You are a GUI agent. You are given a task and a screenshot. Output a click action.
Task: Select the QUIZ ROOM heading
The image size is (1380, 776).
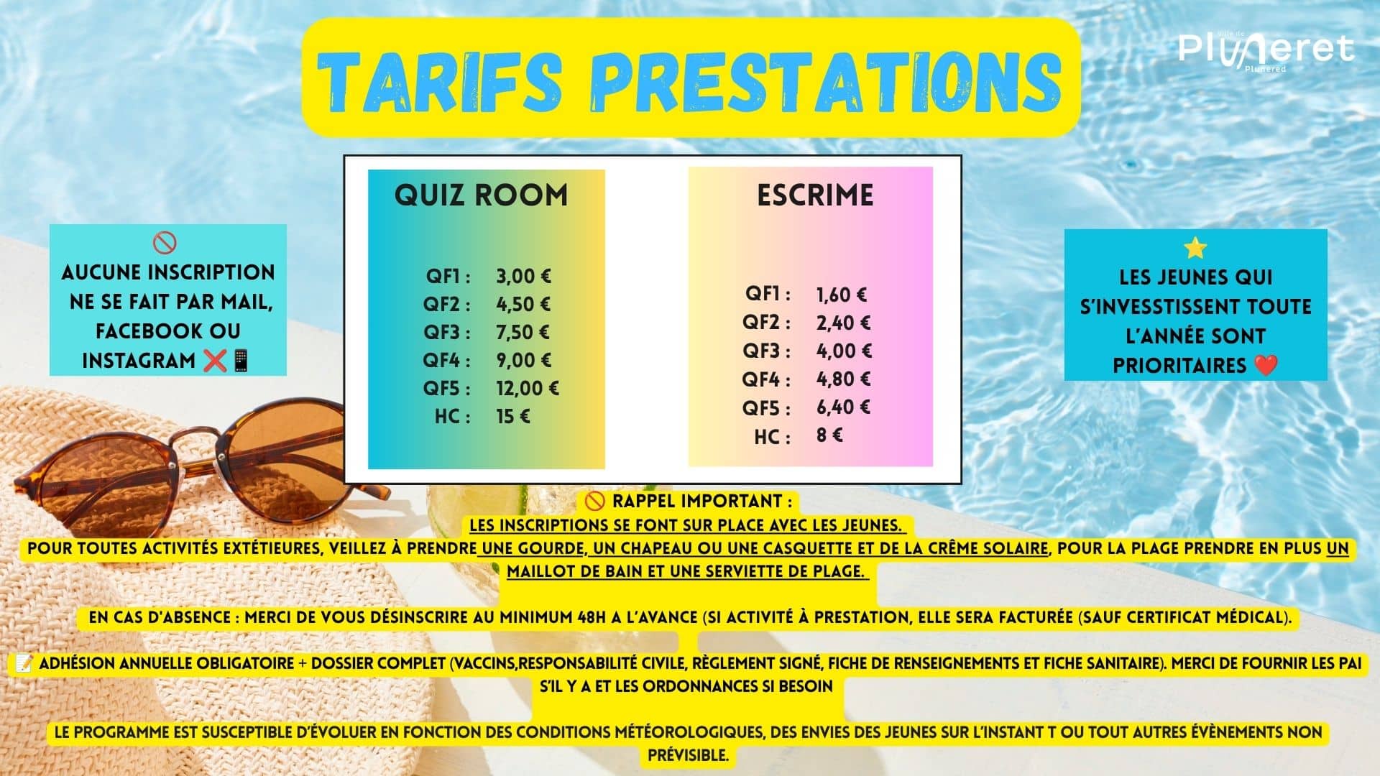pos(481,195)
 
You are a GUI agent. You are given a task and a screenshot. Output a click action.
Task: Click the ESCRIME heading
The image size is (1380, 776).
pos(815,195)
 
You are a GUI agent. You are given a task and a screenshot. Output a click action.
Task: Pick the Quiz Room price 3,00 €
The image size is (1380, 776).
pos(523,276)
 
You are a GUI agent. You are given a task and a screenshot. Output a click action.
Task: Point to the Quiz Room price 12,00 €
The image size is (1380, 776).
pos(527,388)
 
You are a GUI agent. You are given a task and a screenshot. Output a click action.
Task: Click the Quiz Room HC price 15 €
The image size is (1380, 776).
pos(512,416)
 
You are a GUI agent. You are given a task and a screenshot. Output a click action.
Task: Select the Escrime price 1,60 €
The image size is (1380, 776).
pos(842,295)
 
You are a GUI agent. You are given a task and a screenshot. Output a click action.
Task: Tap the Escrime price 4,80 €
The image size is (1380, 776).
pos(843,379)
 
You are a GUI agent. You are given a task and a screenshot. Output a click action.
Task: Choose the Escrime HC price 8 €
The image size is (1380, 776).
pos(829,435)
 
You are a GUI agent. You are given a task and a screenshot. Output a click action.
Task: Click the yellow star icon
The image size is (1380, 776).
pos(1195,248)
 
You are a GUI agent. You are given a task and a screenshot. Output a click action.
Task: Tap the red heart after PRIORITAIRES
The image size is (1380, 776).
pos(1266,366)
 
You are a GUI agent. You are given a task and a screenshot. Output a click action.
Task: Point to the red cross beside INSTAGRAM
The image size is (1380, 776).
pos(215,360)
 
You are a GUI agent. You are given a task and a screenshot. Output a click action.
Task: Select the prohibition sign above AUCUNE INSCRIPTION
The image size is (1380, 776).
pos(165,244)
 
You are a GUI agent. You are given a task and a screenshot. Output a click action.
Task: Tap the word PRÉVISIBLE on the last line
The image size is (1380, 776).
pos(689,756)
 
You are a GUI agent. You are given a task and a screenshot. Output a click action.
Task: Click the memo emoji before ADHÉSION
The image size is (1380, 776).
pos(22,663)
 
